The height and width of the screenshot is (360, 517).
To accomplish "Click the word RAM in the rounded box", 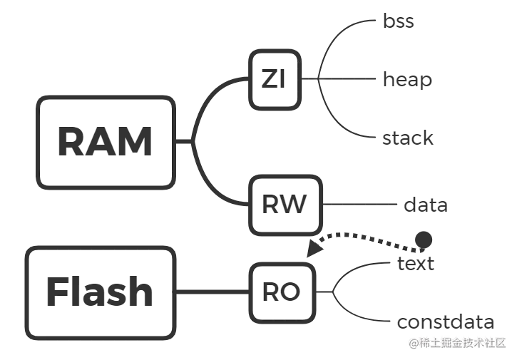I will [x=105, y=143].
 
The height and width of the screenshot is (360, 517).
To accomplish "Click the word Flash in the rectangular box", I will [x=100, y=292].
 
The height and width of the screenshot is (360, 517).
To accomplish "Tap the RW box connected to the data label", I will [x=285, y=205].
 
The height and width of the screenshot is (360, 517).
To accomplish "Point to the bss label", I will [x=399, y=21].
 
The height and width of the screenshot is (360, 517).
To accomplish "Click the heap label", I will [x=407, y=81].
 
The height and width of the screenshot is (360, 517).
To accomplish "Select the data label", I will [x=425, y=207].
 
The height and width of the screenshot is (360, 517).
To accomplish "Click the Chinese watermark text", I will [x=456, y=342].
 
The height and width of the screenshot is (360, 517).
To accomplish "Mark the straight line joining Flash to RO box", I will [x=210, y=291].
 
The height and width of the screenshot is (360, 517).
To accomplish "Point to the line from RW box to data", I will [x=360, y=206].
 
